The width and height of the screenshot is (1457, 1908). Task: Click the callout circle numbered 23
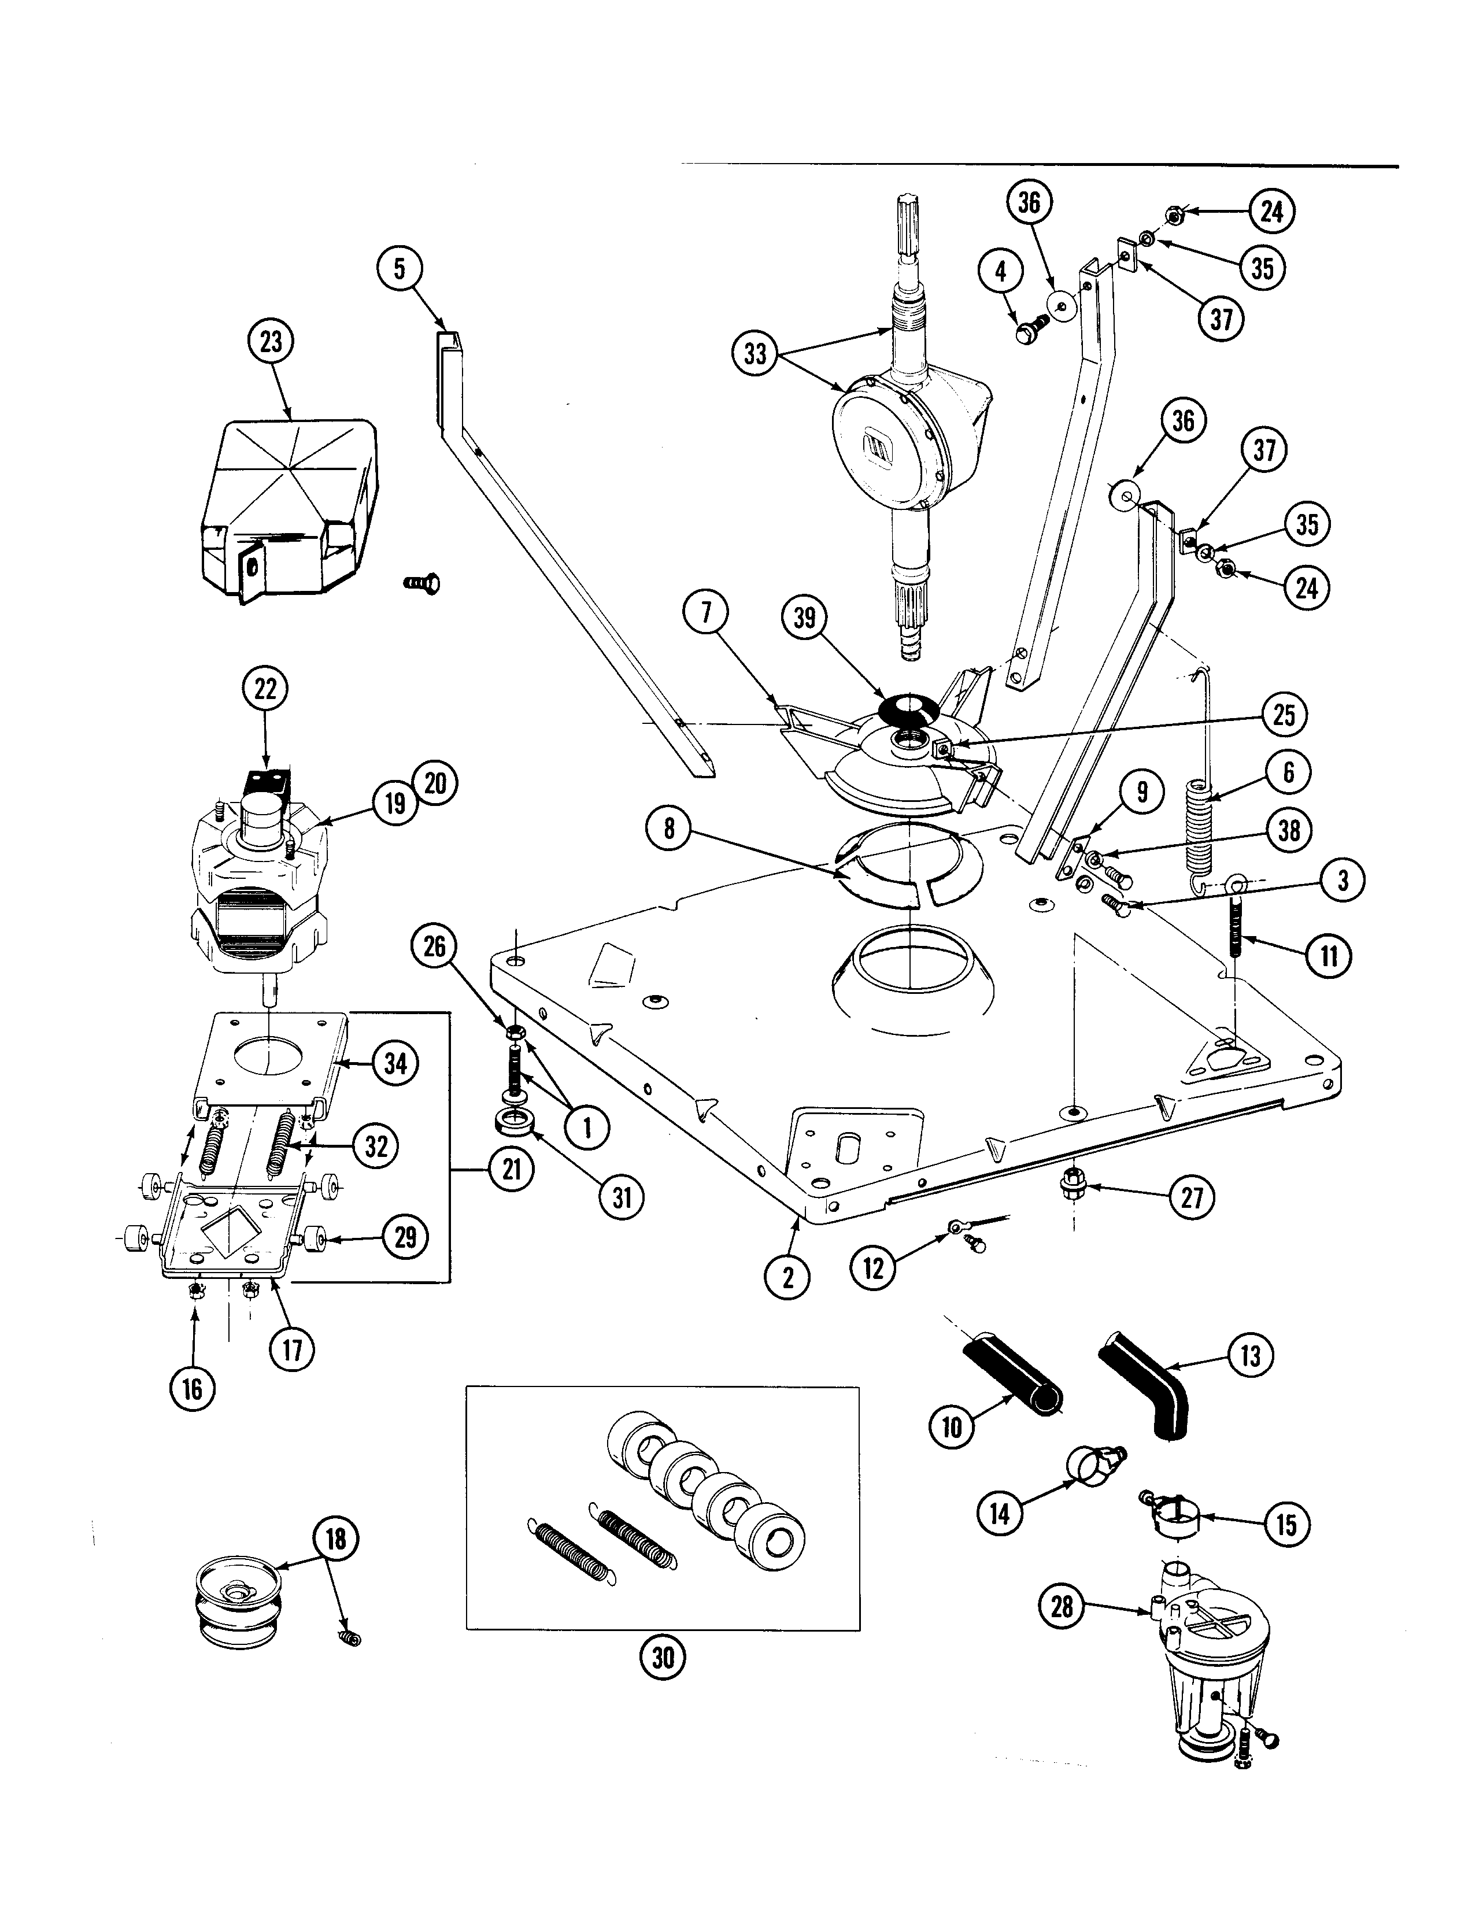point(271,342)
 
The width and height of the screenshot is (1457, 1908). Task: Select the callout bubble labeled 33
point(755,354)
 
